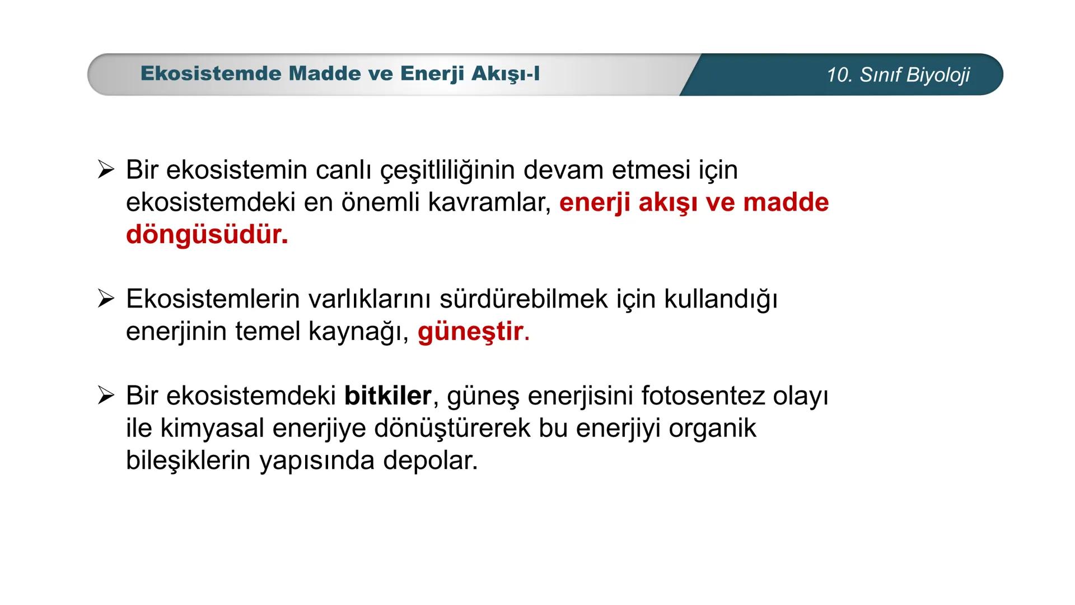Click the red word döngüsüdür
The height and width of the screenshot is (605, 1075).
tap(207, 235)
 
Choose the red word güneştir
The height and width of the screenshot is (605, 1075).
tap(474, 332)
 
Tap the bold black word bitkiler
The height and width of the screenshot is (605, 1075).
tap(387, 395)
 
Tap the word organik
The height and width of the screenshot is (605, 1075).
tap(713, 429)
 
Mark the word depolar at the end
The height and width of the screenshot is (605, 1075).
tap(431, 461)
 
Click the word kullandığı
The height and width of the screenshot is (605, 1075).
tap(721, 300)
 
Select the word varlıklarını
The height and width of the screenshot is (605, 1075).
tap(370, 299)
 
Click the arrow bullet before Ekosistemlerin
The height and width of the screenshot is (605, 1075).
tap(106, 299)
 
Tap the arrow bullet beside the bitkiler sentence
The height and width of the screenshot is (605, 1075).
tap(106, 395)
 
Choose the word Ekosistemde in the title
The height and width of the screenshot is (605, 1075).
tap(211, 73)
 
